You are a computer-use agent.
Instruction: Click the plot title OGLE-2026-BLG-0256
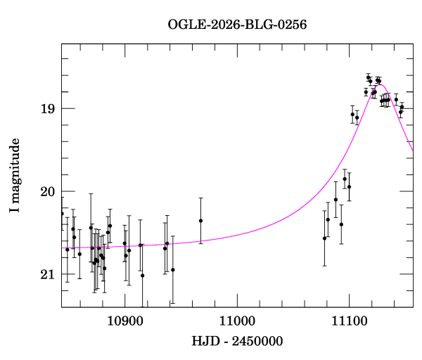[x=237, y=25]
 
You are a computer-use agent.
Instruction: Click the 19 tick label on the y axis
[x=47, y=108]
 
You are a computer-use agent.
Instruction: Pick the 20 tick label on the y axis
[x=47, y=191]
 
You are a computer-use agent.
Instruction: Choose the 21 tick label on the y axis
[x=47, y=274]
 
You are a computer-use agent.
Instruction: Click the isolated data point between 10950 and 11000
[x=200, y=221]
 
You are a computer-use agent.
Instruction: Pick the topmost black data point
[x=368, y=77]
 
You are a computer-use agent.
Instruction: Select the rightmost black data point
[x=402, y=108]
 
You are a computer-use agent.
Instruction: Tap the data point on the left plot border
[x=62, y=214]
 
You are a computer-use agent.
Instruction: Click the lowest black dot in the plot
[x=142, y=276]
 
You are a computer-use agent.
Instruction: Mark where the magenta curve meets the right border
[x=413, y=150]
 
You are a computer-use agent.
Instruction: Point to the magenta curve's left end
[x=62, y=248]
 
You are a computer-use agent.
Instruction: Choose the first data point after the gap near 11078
[x=324, y=238]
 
